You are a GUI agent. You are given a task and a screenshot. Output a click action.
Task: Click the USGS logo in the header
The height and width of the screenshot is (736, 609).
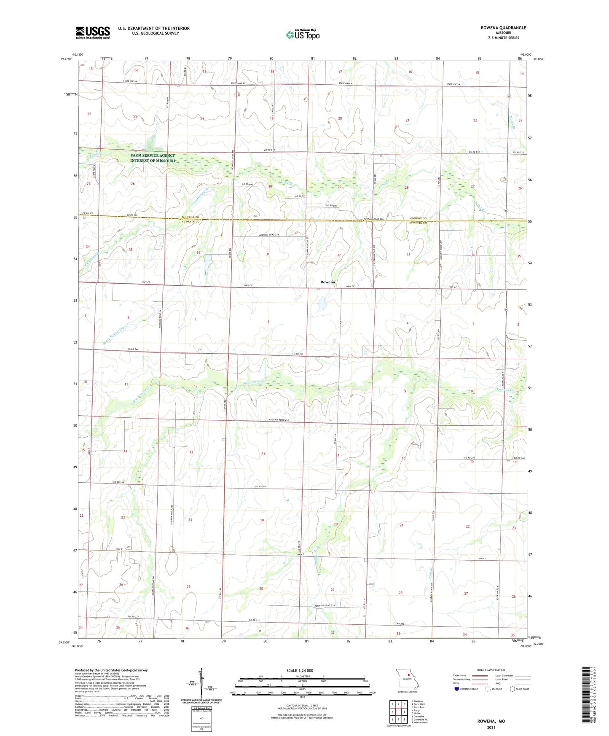point(93,32)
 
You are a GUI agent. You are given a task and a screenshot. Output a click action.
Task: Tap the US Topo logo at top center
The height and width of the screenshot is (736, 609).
point(303,35)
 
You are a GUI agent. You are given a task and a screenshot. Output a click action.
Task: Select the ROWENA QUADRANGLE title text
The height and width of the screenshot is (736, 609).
point(503,28)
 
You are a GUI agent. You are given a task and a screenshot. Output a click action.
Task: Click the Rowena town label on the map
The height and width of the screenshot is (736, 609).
point(327,282)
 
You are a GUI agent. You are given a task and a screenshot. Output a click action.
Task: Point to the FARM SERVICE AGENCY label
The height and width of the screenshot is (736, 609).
point(153,156)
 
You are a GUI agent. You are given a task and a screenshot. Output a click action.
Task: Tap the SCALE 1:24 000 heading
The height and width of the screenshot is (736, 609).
point(300,670)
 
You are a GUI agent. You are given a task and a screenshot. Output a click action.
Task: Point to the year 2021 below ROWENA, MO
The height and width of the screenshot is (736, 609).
point(491,727)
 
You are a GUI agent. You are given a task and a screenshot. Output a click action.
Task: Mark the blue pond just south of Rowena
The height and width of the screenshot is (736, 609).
point(322,304)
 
